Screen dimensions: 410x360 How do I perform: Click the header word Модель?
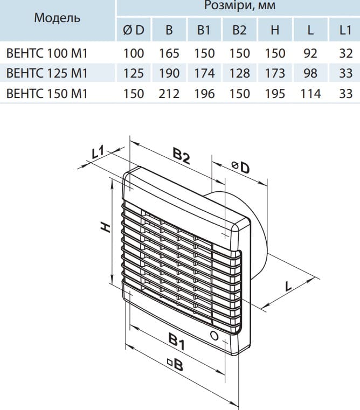tap(57, 18)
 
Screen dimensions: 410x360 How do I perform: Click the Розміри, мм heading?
tap(238, 6)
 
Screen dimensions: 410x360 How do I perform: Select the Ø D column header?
tap(134, 31)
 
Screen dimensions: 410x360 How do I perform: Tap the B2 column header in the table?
tap(239, 31)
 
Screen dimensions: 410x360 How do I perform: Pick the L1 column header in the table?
tap(345, 31)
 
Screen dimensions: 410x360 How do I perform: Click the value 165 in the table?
tap(169, 53)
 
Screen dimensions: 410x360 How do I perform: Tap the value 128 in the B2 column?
tap(239, 73)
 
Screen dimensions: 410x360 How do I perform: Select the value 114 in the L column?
tap(310, 93)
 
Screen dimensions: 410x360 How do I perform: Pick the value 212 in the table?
tap(169, 93)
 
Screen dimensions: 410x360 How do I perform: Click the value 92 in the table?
tap(310, 53)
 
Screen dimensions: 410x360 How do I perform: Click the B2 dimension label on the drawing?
tap(182, 156)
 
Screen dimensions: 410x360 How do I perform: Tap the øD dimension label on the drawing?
tap(241, 168)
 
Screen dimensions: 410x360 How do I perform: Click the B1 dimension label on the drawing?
tap(176, 340)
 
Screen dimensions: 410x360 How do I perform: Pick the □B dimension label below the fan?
tap(175, 366)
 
